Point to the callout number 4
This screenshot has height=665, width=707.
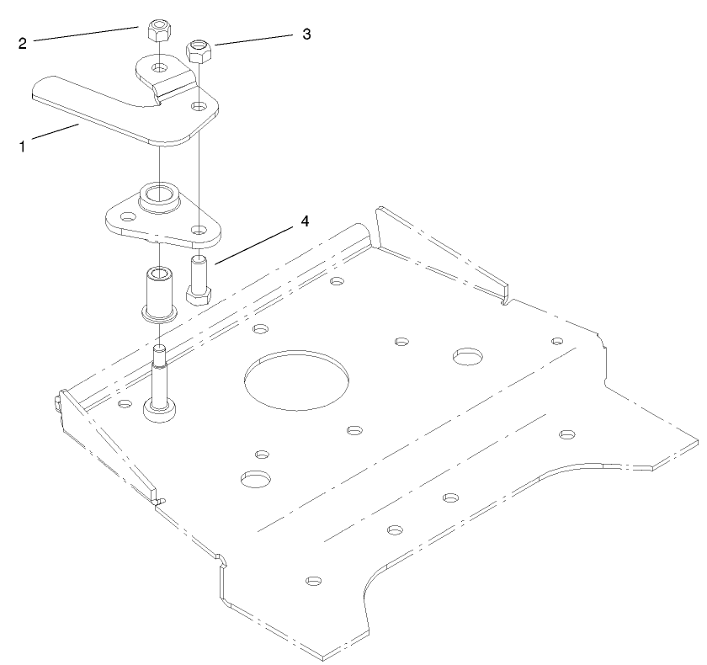(306, 221)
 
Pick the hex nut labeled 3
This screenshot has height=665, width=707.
(199, 50)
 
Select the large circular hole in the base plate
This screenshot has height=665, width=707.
(298, 377)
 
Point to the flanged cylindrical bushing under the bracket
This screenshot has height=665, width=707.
(157, 293)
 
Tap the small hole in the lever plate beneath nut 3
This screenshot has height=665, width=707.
(199, 106)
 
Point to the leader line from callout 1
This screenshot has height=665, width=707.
(55, 135)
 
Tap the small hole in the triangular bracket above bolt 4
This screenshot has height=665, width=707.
(198, 229)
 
